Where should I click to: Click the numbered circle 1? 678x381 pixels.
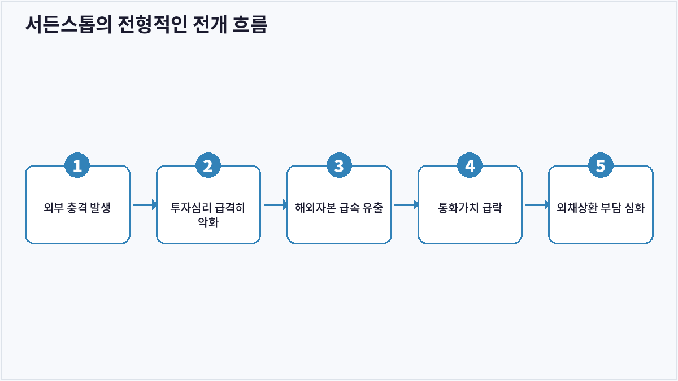point(77,165)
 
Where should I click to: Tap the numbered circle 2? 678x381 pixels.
point(208,165)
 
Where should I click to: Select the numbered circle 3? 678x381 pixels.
point(339,165)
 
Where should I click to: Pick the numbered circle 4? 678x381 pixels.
point(470,165)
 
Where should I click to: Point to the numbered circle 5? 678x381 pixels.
point(601,165)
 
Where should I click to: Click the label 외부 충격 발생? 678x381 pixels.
point(77,208)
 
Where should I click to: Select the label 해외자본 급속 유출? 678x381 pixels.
point(339,208)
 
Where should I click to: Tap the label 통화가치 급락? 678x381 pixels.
point(470,208)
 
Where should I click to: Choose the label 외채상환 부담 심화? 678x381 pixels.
point(601,208)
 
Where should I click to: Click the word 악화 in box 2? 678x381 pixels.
point(208,222)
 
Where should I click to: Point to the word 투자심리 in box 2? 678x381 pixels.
point(190,208)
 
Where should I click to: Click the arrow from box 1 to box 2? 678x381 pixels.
point(145,205)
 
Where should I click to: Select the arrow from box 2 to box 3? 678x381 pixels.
point(276,205)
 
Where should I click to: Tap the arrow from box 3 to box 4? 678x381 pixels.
point(406,205)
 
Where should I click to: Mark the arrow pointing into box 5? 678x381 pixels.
point(537,205)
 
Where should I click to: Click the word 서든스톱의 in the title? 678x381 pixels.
point(69,24)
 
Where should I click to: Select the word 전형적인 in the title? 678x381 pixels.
point(153,24)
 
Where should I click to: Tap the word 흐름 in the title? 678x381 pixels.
point(250,24)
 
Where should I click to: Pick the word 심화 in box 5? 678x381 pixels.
point(634,208)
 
